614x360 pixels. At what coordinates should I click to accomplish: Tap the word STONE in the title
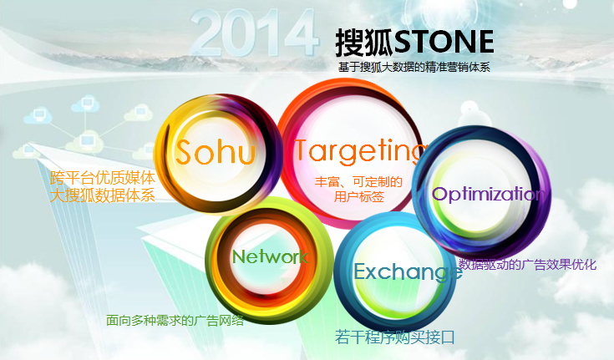point(444,42)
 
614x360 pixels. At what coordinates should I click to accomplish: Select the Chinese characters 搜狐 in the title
point(364,42)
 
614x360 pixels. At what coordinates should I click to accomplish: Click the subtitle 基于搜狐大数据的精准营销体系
point(414,67)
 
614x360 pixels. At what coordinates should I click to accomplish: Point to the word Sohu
point(216,151)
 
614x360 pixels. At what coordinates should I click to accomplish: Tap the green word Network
point(270,257)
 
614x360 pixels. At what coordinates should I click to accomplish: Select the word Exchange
point(408,272)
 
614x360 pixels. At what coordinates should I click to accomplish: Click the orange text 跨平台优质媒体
point(103,178)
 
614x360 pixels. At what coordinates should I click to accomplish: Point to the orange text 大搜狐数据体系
point(103,195)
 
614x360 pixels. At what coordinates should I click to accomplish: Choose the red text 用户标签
point(359,196)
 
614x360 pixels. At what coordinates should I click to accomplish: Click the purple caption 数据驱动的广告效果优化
point(527,265)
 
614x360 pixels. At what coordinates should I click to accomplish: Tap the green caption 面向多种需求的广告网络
point(175,321)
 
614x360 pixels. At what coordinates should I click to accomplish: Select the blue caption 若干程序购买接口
point(395,337)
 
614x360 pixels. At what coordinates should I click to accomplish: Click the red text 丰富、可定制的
point(358,182)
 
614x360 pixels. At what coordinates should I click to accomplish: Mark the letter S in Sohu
point(185,151)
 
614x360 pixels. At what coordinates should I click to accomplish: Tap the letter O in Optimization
point(439,195)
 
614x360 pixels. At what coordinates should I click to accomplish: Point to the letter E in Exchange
point(360,271)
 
